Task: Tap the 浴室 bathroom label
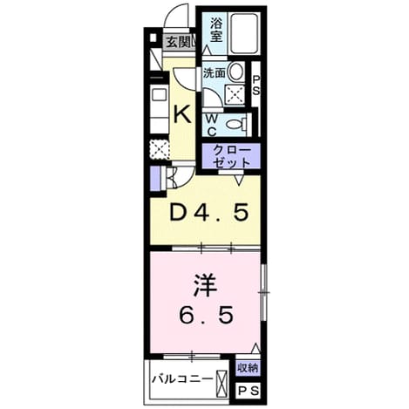click(216, 30)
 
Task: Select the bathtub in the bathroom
click(244, 33)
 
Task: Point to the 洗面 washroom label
click(214, 73)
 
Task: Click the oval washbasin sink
click(235, 72)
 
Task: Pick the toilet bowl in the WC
click(235, 125)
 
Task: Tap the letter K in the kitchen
click(182, 114)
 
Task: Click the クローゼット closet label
click(232, 157)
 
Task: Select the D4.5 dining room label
click(209, 212)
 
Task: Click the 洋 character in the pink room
click(205, 286)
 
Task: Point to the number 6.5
click(206, 315)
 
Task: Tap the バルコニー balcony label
click(183, 379)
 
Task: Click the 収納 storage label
click(248, 368)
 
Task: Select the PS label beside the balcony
click(248, 391)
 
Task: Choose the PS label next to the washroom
click(256, 85)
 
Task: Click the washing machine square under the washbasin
click(235, 95)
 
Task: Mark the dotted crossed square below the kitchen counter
click(159, 149)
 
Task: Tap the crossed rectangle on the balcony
click(222, 384)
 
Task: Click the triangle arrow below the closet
click(239, 181)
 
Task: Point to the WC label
click(212, 126)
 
